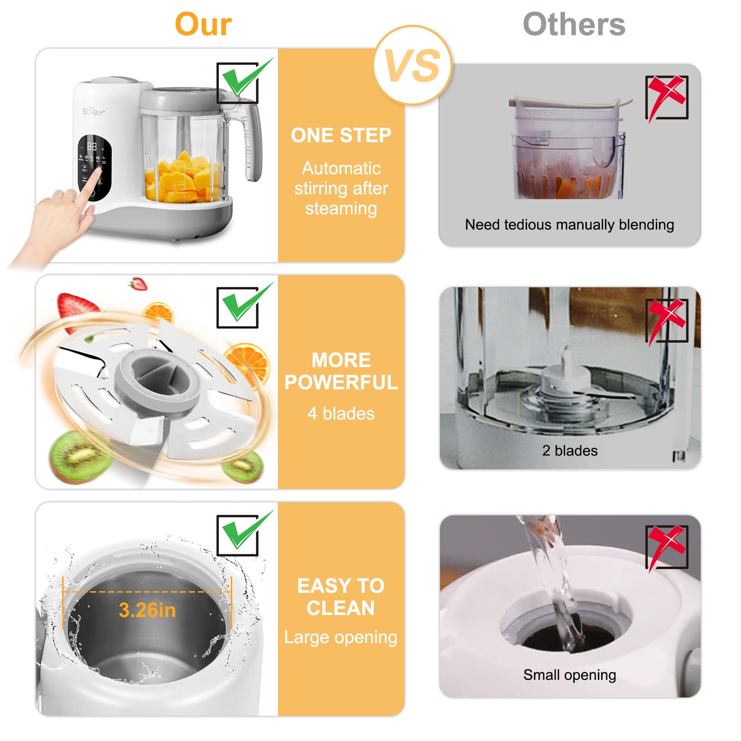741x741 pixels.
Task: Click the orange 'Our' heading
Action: (x=203, y=25)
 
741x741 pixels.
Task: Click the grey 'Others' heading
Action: (x=574, y=25)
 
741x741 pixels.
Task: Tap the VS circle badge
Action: (x=412, y=65)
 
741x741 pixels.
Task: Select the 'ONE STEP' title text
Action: (x=341, y=136)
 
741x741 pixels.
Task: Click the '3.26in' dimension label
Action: (x=147, y=610)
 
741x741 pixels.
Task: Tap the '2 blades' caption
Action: (x=570, y=451)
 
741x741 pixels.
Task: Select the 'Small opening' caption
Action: (x=569, y=675)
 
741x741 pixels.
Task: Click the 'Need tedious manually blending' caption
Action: (x=569, y=225)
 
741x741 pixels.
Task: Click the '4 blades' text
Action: (x=341, y=414)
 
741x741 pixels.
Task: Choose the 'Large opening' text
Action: (x=341, y=637)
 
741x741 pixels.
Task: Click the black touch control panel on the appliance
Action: (x=94, y=167)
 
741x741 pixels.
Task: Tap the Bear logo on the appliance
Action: (x=94, y=111)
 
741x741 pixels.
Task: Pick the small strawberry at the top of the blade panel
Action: (x=138, y=283)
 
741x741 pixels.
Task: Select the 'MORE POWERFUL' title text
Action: (x=341, y=371)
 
